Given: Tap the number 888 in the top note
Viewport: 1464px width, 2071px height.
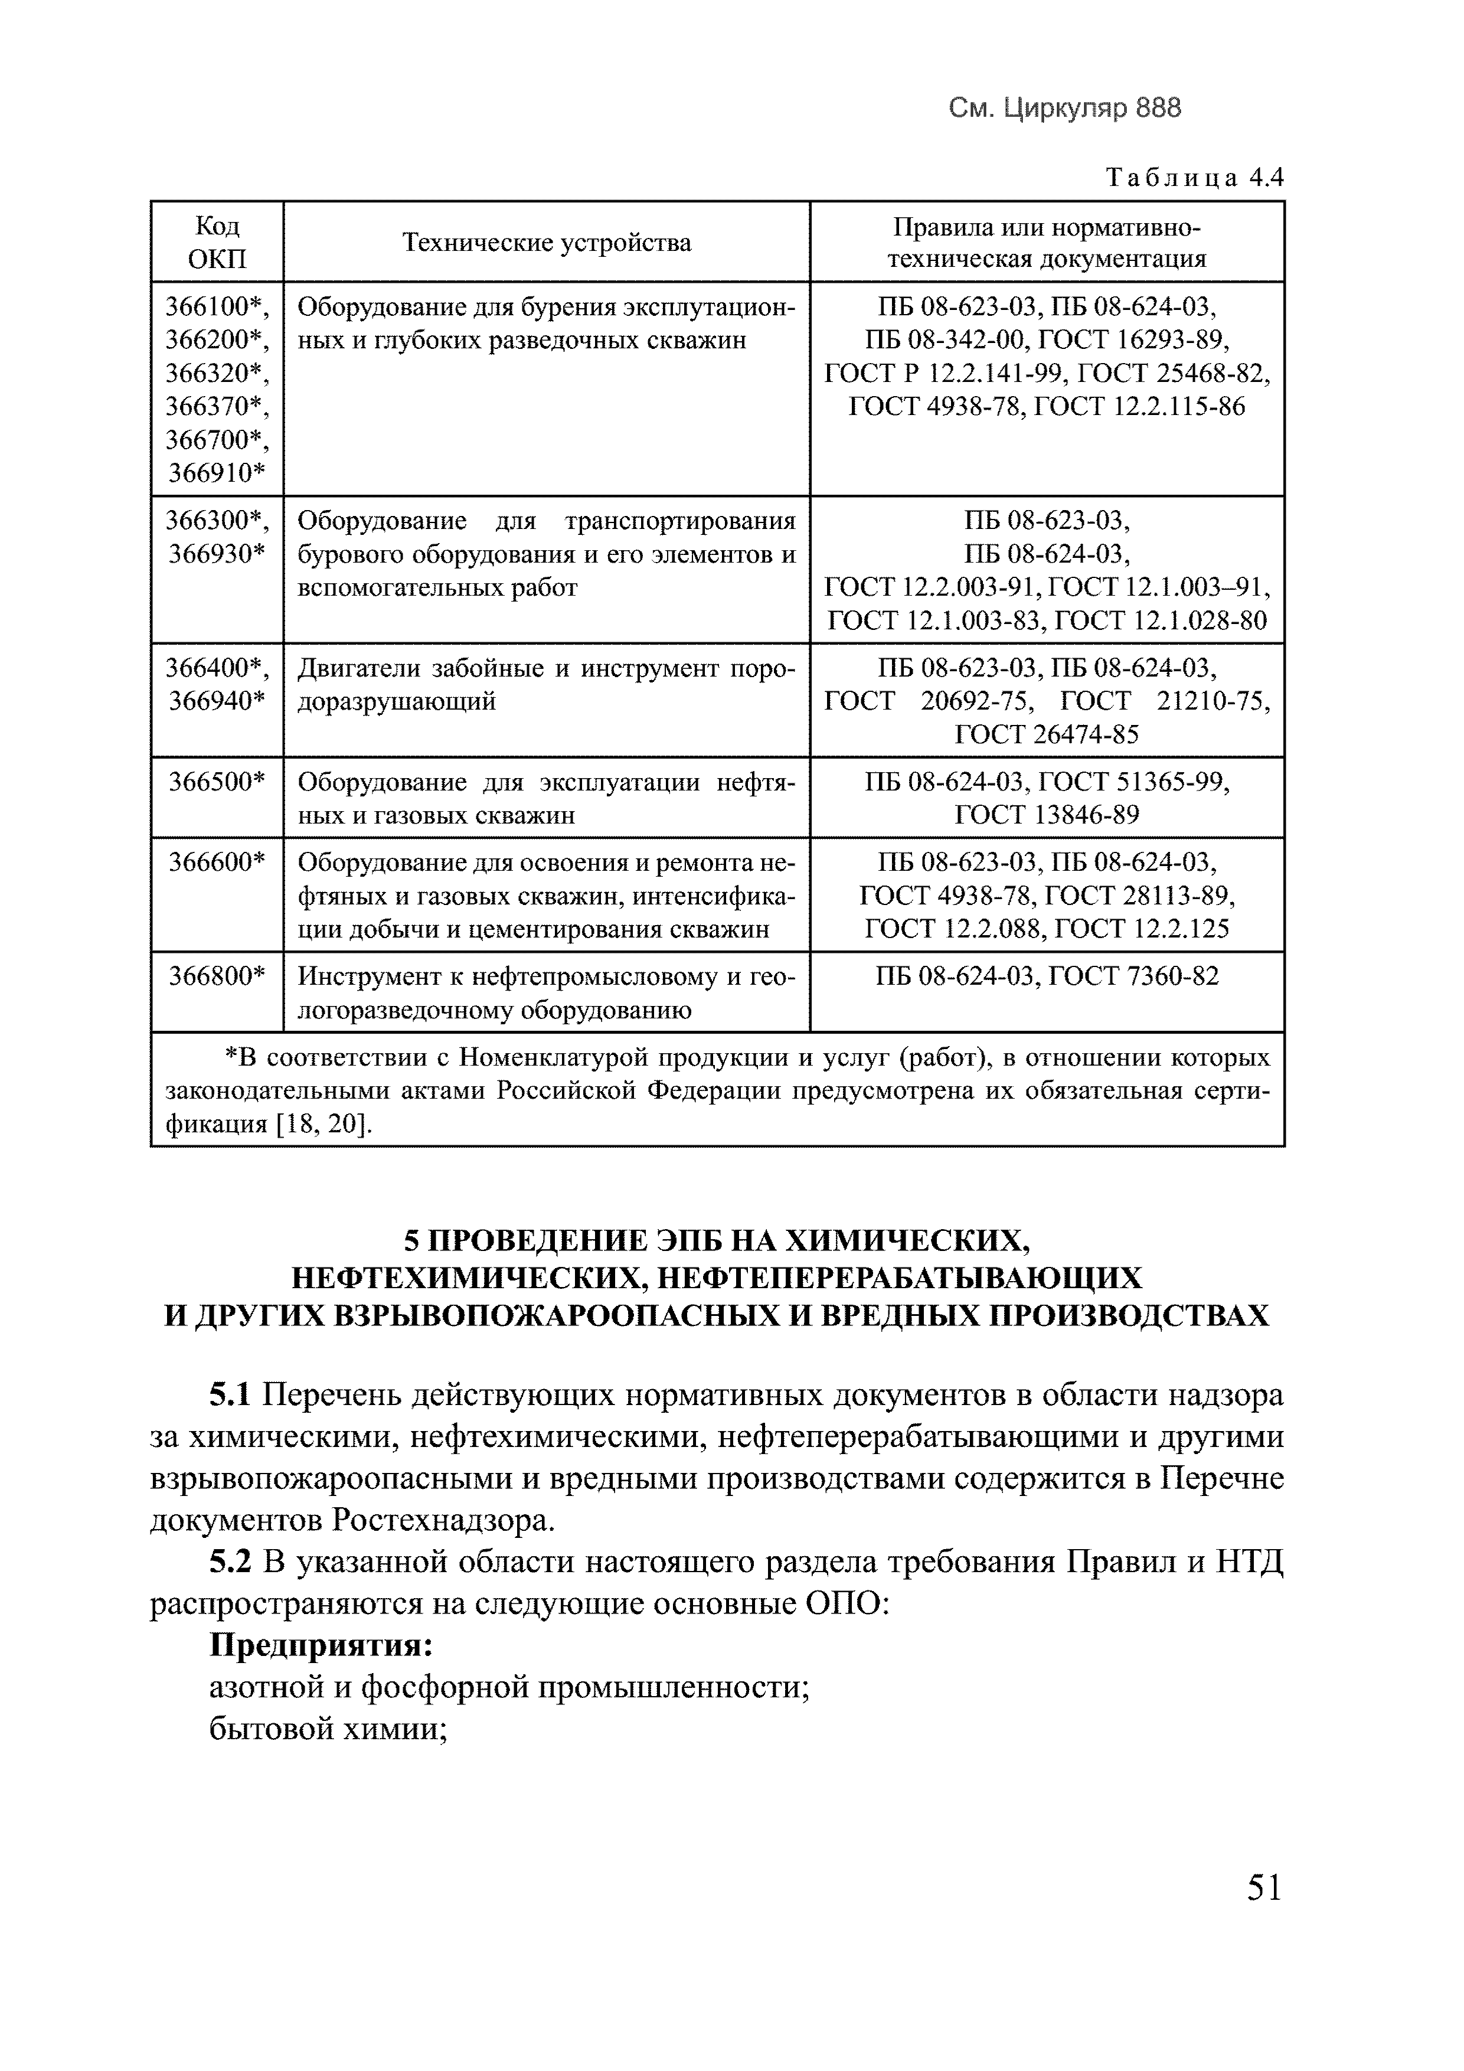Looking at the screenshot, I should (1158, 108).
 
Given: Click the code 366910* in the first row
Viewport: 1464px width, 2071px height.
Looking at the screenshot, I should (217, 473).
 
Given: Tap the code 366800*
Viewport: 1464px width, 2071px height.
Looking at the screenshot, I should (217, 976).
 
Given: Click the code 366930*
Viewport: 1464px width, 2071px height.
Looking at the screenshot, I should (217, 554).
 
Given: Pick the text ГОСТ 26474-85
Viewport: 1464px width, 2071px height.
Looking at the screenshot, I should (1047, 734).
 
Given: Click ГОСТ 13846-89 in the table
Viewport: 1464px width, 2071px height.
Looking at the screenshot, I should (1047, 815).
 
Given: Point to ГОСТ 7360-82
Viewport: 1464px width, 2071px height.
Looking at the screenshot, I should (1134, 976).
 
